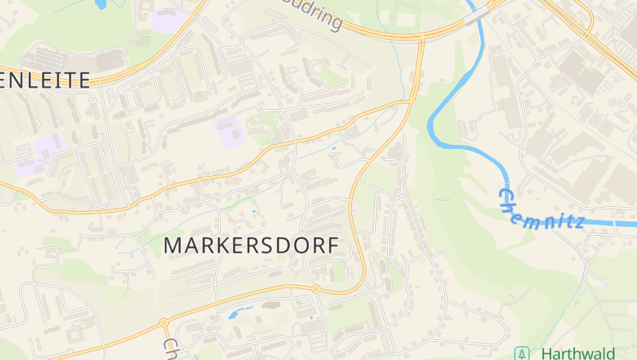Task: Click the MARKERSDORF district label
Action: tap(252, 246)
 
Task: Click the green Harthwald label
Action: tap(577, 353)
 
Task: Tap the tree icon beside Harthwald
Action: tap(522, 353)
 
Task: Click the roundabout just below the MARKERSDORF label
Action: tap(316, 288)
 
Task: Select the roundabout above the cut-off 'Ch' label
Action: tap(164, 323)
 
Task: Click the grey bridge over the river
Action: tap(476, 15)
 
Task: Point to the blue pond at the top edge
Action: tap(102, 4)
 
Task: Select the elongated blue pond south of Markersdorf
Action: tap(240, 312)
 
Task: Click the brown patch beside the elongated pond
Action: tap(264, 304)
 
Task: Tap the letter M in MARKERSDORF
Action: tap(173, 246)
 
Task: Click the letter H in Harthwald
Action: tap(546, 353)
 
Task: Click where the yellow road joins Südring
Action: tap(420, 37)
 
